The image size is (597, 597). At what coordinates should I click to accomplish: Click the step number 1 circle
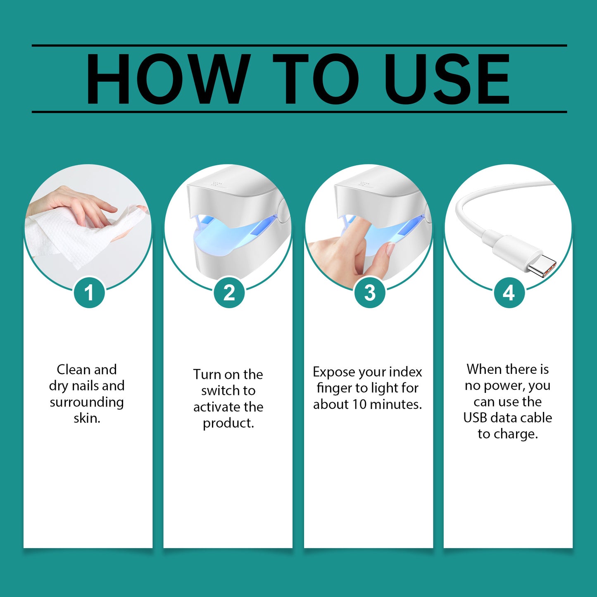point(89,293)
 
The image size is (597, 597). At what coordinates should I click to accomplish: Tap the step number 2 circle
point(229,293)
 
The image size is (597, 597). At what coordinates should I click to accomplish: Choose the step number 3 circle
point(370,293)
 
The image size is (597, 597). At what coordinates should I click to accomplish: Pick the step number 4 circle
point(509,293)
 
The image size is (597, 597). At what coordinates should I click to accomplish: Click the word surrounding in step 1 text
point(87,402)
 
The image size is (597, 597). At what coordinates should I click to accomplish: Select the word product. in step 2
point(228,423)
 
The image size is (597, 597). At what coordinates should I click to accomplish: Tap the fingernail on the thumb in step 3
point(390,249)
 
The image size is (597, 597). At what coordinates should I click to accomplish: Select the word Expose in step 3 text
point(334,372)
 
